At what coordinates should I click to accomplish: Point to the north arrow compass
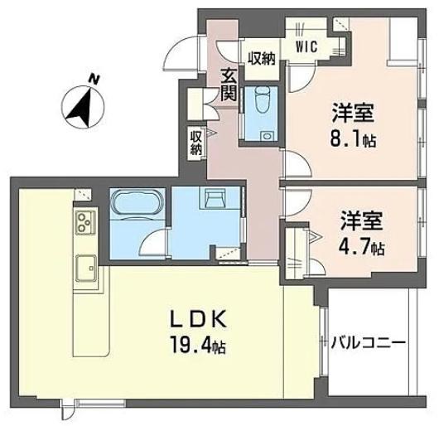(81, 105)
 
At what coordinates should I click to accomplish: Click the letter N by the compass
(96, 80)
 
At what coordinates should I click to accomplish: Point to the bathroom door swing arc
(152, 244)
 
